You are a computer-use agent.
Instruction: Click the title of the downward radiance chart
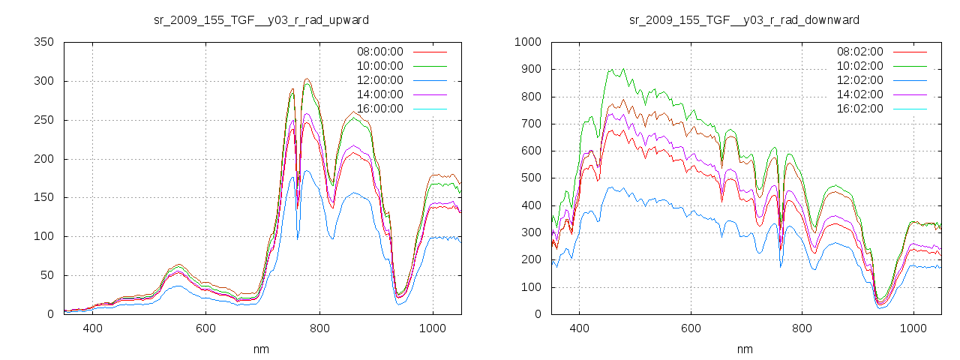click(744, 19)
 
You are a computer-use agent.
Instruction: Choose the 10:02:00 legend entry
click(859, 66)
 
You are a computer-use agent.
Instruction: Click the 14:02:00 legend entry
click(859, 94)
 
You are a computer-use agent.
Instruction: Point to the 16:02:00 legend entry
click(859, 109)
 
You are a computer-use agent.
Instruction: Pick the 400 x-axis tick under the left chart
click(93, 328)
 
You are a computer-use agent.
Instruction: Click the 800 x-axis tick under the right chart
click(802, 328)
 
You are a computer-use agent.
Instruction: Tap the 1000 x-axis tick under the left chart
click(432, 328)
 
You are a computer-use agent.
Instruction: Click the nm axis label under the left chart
click(262, 349)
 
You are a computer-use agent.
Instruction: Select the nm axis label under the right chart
click(745, 349)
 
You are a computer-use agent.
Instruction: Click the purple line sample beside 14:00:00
click(429, 94)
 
